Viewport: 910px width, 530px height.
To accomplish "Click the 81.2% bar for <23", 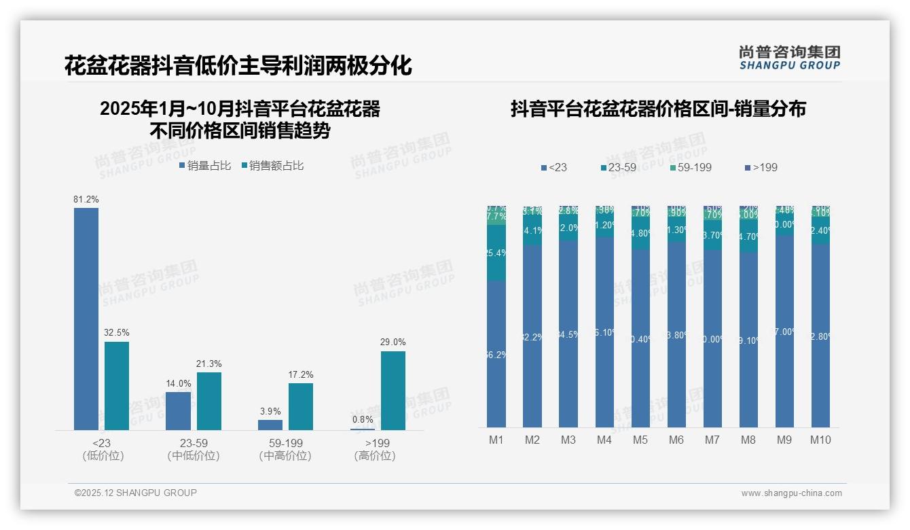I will pyautogui.click(x=86, y=319).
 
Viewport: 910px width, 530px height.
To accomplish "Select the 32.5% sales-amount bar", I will pyautogui.click(x=117, y=385).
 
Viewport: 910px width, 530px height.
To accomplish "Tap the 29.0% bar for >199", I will pyautogui.click(x=393, y=390).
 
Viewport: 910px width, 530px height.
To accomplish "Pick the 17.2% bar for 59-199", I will pyautogui.click(x=301, y=406).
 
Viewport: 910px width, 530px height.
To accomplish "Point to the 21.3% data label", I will pyautogui.click(x=209, y=364).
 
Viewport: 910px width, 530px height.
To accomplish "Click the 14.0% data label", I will pyautogui.click(x=178, y=384).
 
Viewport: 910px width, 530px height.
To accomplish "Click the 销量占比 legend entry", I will pyautogui.click(x=206, y=166).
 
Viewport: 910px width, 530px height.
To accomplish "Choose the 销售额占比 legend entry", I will pyautogui.click(x=272, y=166).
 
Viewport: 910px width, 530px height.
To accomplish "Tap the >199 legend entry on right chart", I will pyautogui.click(x=761, y=167).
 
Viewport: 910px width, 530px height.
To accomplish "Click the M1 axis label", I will pyautogui.click(x=496, y=440).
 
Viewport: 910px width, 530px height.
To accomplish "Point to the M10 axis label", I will pyautogui.click(x=820, y=440).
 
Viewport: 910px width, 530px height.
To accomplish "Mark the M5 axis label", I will pyautogui.click(x=640, y=440).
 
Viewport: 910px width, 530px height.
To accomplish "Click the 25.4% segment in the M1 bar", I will pyautogui.click(x=496, y=253).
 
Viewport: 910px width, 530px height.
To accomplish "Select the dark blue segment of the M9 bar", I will pyautogui.click(x=784, y=332).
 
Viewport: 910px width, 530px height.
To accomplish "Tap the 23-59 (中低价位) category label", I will pyautogui.click(x=194, y=449).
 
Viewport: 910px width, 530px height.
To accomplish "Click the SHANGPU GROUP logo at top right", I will pyautogui.click(x=790, y=57).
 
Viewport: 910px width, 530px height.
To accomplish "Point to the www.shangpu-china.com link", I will pyautogui.click(x=791, y=493).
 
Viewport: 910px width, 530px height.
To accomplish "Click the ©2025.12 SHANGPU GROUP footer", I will pyautogui.click(x=136, y=493).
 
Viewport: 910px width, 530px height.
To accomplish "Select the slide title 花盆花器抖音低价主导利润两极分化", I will pyautogui.click(x=238, y=66).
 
